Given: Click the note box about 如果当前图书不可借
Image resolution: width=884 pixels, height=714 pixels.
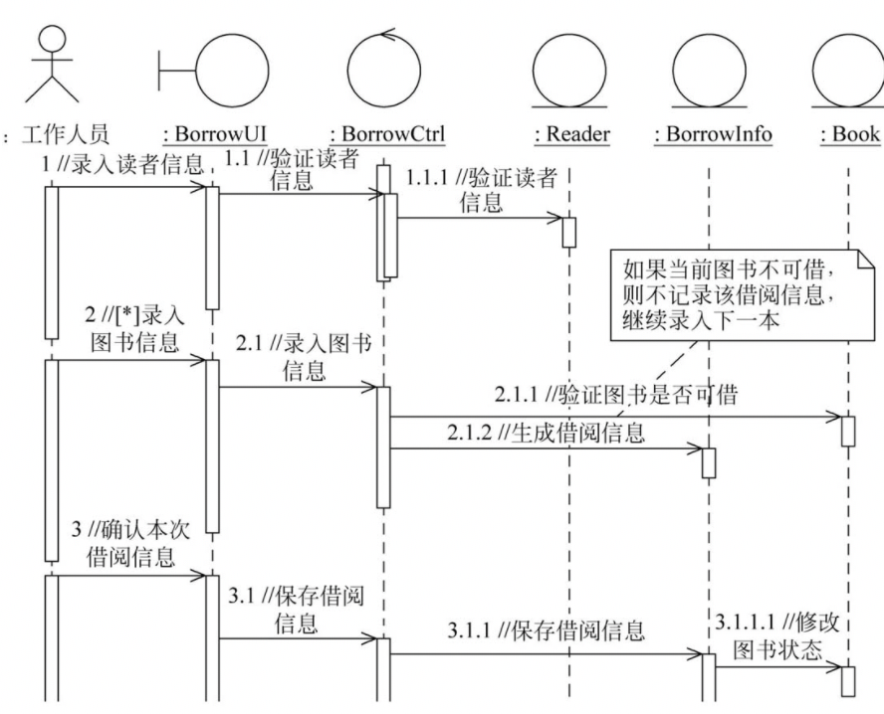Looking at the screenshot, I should point(733,292).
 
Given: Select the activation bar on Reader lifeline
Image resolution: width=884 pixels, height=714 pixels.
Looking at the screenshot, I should point(569,231).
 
